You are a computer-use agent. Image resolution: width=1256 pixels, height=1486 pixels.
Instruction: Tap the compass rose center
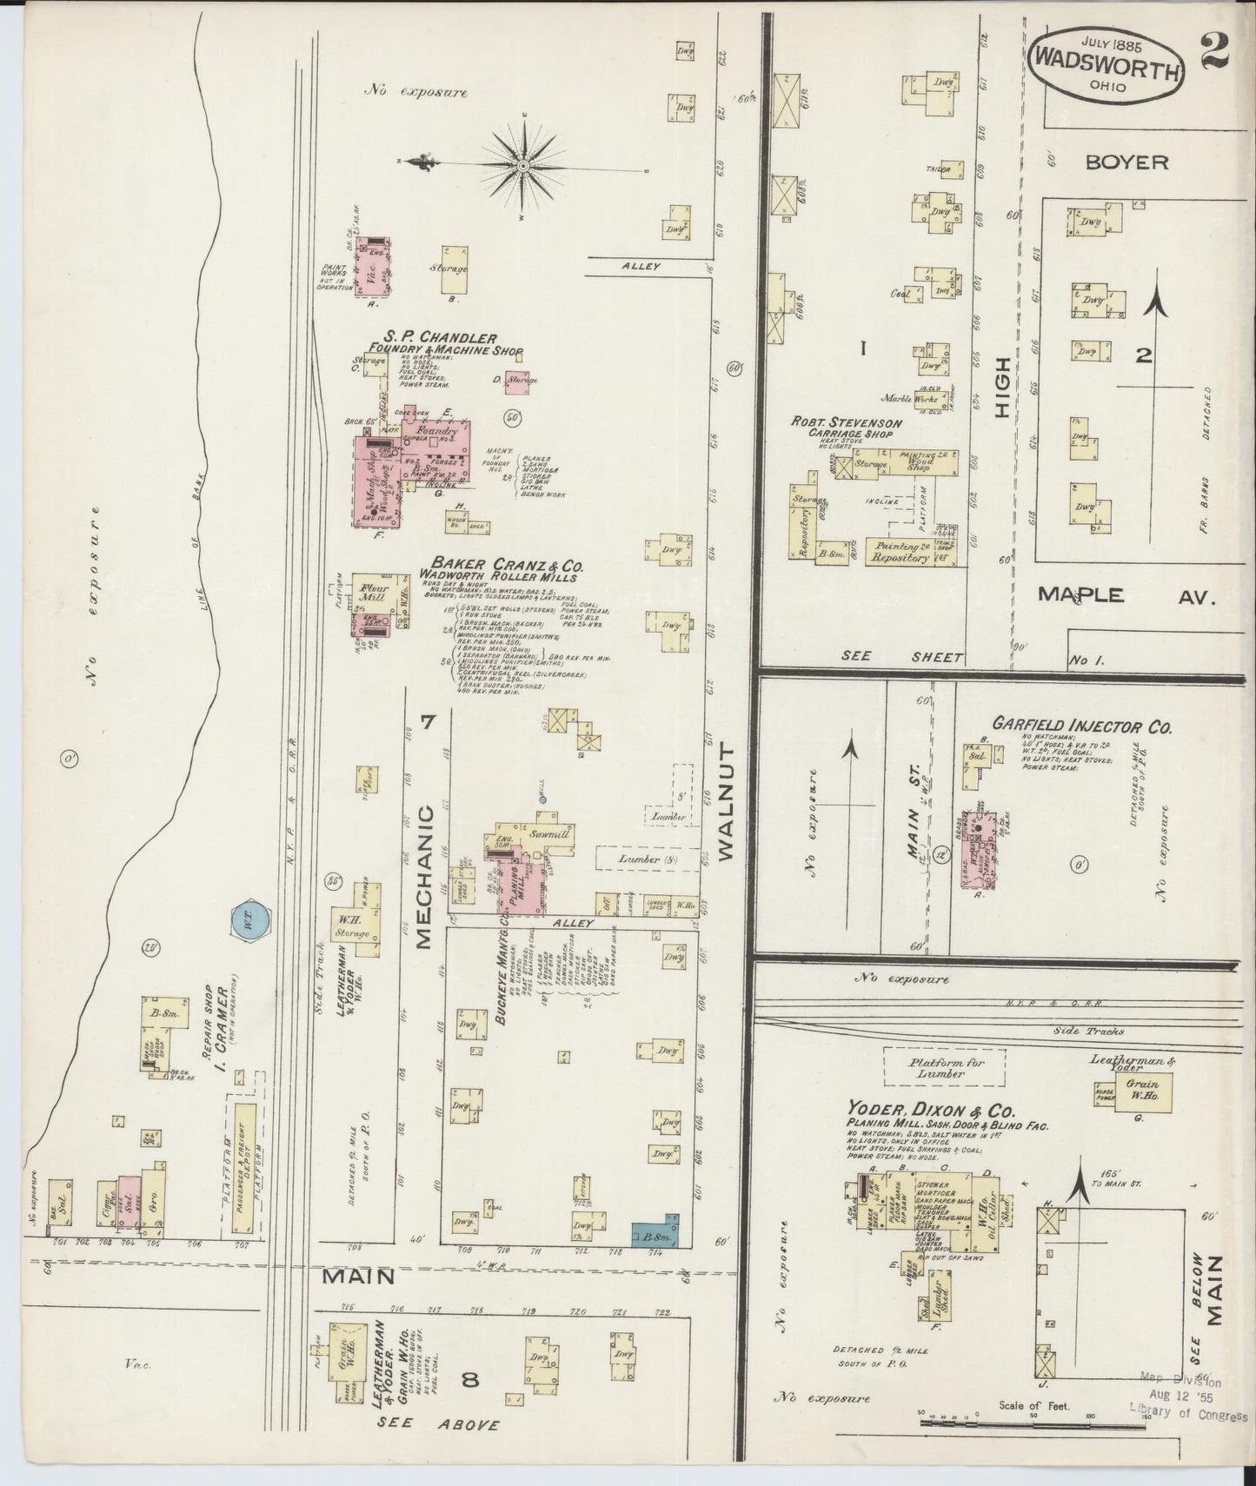click(524, 164)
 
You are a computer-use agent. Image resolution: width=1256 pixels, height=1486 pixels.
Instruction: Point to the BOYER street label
click(1126, 162)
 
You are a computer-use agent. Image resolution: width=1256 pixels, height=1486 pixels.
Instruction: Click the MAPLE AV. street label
click(1125, 596)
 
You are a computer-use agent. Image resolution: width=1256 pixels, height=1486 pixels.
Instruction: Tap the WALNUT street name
click(727, 801)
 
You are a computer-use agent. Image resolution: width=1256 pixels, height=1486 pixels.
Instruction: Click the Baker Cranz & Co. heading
click(502, 565)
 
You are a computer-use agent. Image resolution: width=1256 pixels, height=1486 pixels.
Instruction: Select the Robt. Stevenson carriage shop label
click(846, 422)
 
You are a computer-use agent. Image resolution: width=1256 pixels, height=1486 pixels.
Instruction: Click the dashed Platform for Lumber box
click(944, 1066)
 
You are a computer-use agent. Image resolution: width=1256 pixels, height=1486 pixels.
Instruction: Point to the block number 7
click(427, 721)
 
